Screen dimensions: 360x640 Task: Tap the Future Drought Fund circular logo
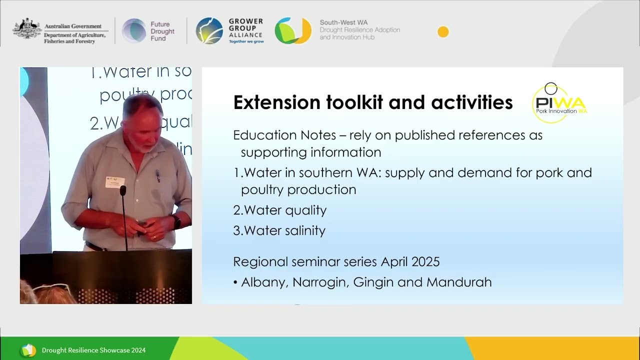pyautogui.click(x=134, y=31)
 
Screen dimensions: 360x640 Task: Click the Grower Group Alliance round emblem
pyautogui.click(x=209, y=31)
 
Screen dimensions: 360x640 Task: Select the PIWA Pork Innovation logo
pyautogui.click(x=559, y=103)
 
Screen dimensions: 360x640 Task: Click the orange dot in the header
pyautogui.click(x=443, y=32)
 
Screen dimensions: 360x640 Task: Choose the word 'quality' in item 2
pyautogui.click(x=305, y=210)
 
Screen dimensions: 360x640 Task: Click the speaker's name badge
pyautogui.click(x=115, y=182)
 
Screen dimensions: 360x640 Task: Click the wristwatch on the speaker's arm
pyautogui.click(x=177, y=221)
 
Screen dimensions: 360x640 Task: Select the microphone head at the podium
pyautogui.click(x=123, y=190)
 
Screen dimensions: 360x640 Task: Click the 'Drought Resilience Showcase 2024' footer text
pyautogui.click(x=93, y=350)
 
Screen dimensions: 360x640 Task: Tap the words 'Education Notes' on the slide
pyautogui.click(x=265, y=135)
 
